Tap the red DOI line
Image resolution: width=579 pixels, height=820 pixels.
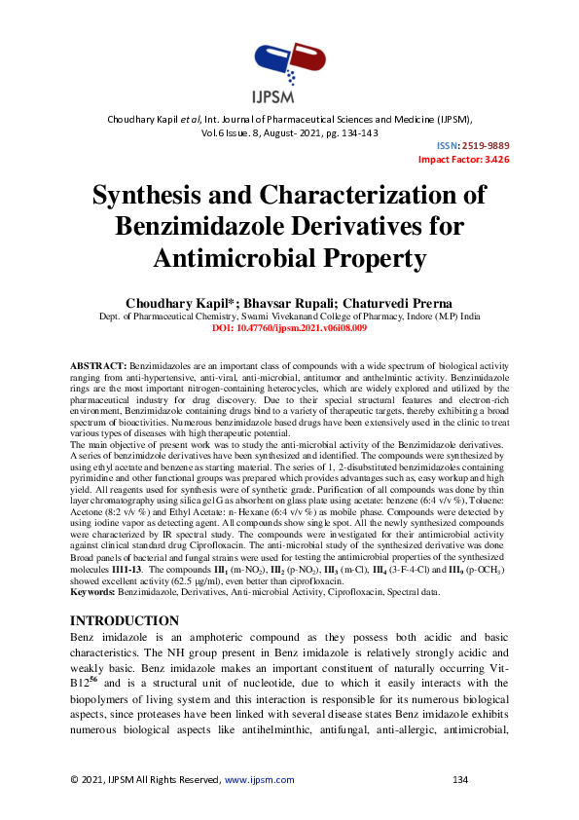pos(289,328)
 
